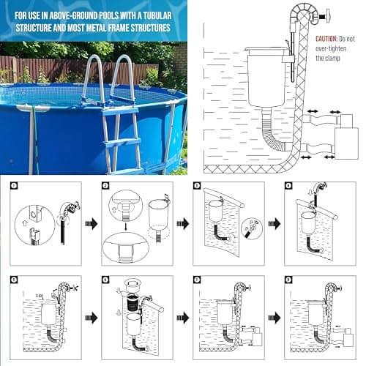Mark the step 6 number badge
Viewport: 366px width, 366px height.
click(x=106, y=280)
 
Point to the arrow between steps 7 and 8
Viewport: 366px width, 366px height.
click(x=274, y=318)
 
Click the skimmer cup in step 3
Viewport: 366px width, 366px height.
click(x=215, y=213)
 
